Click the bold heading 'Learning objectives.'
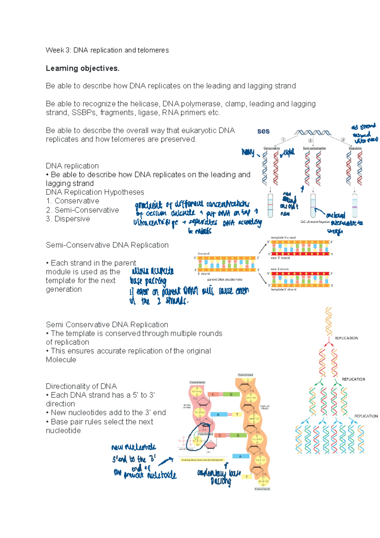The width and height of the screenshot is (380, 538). click(x=82, y=69)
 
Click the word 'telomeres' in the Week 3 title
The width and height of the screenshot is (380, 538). click(x=153, y=50)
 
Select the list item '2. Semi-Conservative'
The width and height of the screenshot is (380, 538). click(x=82, y=210)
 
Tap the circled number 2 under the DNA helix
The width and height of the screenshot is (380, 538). click(x=310, y=141)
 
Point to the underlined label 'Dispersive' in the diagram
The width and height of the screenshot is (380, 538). click(x=355, y=148)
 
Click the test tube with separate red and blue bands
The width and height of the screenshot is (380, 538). click(x=270, y=206)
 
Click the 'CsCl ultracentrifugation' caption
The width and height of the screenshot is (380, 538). click(x=315, y=222)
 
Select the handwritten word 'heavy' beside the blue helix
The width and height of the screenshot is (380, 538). click(x=248, y=152)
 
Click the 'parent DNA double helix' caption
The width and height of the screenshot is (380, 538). click(x=225, y=280)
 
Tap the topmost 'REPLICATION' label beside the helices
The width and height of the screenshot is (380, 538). click(x=346, y=338)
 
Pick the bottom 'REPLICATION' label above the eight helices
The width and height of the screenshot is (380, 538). click(x=366, y=416)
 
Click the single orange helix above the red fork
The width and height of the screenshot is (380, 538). click(x=329, y=321)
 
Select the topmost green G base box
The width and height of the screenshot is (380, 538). click(x=231, y=394)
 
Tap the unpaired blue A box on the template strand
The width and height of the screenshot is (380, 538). click(x=240, y=456)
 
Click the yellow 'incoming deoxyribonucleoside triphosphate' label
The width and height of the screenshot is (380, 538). click(x=202, y=460)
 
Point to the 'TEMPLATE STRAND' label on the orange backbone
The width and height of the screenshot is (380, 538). click(x=265, y=407)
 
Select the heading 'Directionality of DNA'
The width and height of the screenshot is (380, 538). click(x=81, y=386)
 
